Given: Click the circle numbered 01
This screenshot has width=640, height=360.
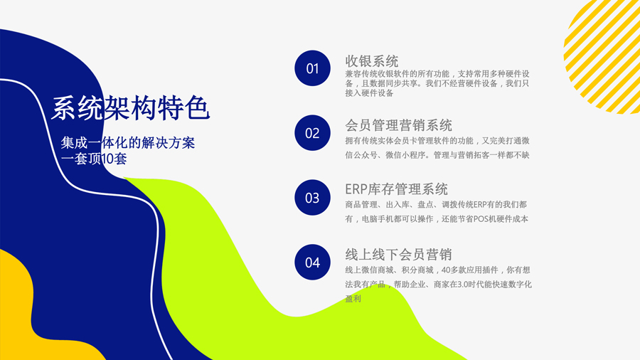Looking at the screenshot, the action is coord(312,68).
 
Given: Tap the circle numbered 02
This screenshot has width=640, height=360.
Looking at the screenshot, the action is coord(312,132).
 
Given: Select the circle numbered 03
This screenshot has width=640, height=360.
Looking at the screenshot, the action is coord(312,198).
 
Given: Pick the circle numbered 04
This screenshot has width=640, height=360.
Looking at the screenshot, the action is coord(312,262).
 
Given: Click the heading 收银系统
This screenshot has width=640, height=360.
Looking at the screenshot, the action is coord(371,61).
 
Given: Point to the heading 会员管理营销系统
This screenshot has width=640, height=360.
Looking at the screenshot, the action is coord(398,125).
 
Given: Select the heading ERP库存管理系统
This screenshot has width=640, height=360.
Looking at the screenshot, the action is coord(396,189).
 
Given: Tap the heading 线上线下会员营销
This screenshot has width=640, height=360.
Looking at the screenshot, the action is coord(398,254).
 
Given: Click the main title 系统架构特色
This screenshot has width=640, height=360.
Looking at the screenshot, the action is coord(130,109).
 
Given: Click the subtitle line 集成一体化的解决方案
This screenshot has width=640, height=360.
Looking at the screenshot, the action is coord(128,143).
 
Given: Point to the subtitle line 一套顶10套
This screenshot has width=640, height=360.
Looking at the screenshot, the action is coord(94,159).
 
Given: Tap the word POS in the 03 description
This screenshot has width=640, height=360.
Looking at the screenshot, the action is coord(481,219).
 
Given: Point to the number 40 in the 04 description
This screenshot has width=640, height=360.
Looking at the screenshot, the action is coord(446,270).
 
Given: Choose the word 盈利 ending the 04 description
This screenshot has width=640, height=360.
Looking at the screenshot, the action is coord(353,299).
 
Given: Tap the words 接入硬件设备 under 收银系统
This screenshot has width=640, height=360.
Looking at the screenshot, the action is coord(369,93).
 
